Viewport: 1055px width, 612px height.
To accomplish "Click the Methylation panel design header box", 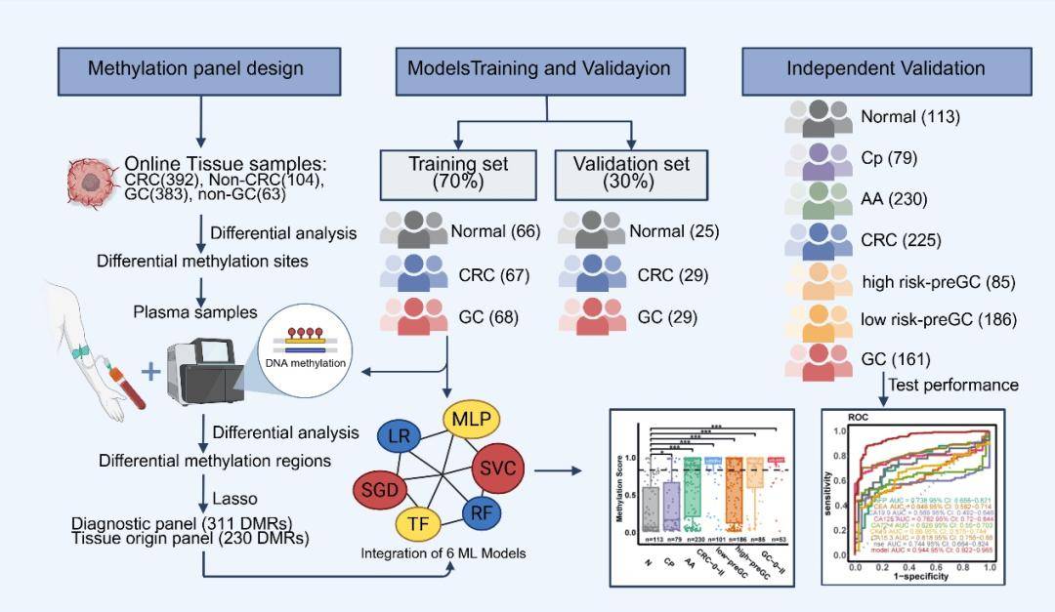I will pyautogui.click(x=195, y=69).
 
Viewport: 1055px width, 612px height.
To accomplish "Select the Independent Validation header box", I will pyautogui.click(x=885, y=69).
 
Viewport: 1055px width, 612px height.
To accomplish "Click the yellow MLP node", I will pyautogui.click(x=473, y=420).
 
